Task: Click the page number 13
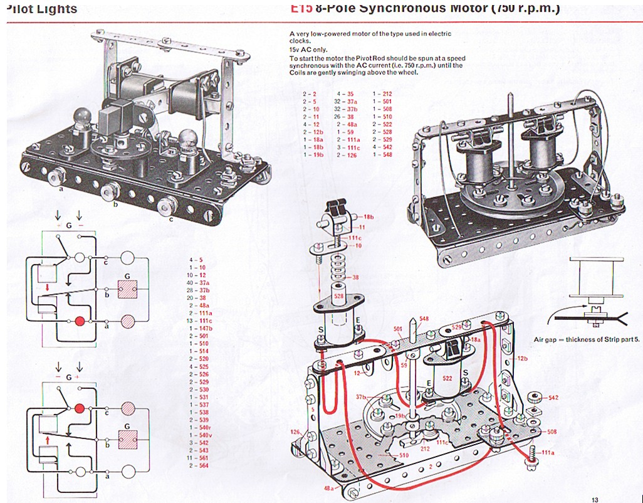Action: point(595,499)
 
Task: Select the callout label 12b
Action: point(523,357)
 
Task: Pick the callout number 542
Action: point(553,398)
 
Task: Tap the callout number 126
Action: point(296,432)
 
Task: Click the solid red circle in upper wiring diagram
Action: point(80,322)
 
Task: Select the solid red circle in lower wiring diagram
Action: point(80,409)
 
